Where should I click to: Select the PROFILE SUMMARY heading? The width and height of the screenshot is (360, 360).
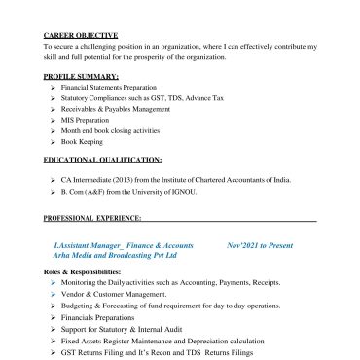click(x=82, y=76)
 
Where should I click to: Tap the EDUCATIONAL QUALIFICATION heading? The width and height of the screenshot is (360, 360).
click(x=102, y=158)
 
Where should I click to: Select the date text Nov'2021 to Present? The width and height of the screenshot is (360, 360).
click(x=259, y=245)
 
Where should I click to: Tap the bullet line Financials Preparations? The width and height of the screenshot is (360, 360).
click(x=95, y=317)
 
